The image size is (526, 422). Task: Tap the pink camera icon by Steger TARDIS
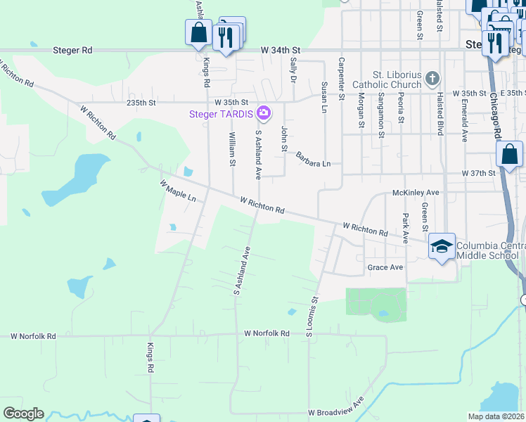(x=264, y=112)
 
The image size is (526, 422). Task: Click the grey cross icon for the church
(x=433, y=77)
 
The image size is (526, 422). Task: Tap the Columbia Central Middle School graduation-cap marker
(x=442, y=246)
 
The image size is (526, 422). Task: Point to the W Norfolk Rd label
(x=267, y=333)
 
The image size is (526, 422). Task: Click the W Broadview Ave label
(x=335, y=411)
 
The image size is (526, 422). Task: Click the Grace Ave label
(x=385, y=267)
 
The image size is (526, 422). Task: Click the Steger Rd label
(x=72, y=51)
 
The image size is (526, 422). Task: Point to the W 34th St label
(x=280, y=51)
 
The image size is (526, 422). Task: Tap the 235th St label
(x=141, y=103)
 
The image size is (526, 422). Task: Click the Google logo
(x=23, y=414)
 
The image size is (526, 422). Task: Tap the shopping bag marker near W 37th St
(x=508, y=155)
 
